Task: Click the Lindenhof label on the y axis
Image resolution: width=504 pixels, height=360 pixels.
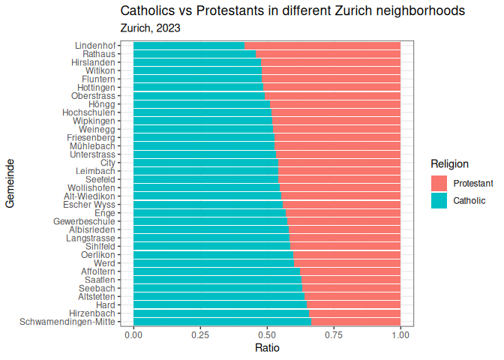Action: pos(95,46)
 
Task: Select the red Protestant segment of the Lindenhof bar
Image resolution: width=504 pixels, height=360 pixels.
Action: pos(322,46)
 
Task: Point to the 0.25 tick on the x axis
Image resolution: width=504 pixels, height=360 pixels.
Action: pos(200,335)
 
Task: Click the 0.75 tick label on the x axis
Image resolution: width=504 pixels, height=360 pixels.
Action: pos(334,335)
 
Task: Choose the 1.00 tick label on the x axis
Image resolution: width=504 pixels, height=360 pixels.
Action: pos(400,335)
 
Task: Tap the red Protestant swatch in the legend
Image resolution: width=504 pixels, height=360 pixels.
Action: pos(439,183)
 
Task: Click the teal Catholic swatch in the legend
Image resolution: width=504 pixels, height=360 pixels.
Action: pos(439,200)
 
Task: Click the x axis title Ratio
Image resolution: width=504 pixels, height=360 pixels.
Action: pos(267,349)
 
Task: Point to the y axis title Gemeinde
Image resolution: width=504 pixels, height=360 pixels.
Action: pos(10,183)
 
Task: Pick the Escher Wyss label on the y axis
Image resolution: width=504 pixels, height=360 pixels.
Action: pos(89,205)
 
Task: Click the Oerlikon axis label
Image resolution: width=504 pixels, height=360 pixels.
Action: pos(97,255)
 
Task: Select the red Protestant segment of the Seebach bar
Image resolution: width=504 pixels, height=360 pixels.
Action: pos(352,288)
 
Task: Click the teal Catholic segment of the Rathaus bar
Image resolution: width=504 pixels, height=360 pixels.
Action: pos(194,54)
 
